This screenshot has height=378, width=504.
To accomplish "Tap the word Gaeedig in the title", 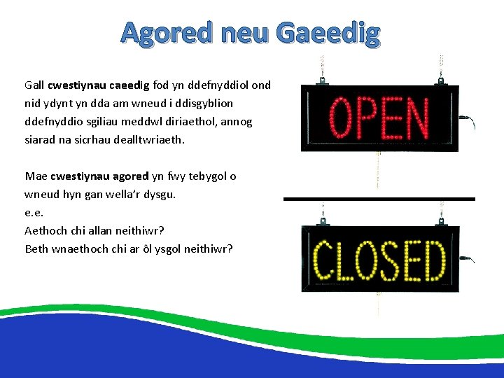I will tap(328, 33).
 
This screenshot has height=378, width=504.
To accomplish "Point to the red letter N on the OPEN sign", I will tap(417, 118).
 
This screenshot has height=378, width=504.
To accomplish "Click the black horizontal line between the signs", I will tap(379, 199).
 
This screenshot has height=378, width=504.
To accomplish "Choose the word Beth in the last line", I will tap(36, 248).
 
